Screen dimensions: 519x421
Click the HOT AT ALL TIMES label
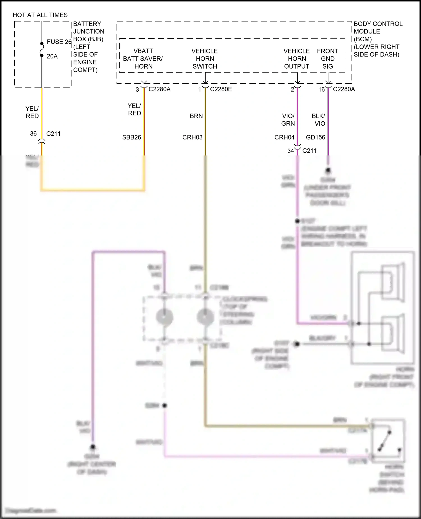[40, 15]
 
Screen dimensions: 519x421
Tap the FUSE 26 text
[59, 42]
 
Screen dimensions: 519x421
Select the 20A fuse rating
[52, 56]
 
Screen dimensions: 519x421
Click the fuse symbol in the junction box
[42, 49]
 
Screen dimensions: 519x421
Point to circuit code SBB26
[131, 137]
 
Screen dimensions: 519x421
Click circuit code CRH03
[192, 137]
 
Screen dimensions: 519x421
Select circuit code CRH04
[284, 137]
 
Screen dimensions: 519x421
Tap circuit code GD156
[315, 137]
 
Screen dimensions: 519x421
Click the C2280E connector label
[221, 89]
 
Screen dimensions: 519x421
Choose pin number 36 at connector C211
[33, 134]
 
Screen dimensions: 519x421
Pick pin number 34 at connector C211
[290, 151]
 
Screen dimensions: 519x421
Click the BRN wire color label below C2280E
[196, 116]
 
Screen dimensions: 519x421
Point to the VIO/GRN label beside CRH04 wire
[288, 119]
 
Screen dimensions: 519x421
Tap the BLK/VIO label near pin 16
[318, 119]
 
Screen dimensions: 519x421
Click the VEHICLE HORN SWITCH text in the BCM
[205, 59]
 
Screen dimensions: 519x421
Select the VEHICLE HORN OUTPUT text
[296, 59]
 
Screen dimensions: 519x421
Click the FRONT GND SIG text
[327, 59]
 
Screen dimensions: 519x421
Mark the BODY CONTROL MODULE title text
[378, 28]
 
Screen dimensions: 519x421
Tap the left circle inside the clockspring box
[164, 317]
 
